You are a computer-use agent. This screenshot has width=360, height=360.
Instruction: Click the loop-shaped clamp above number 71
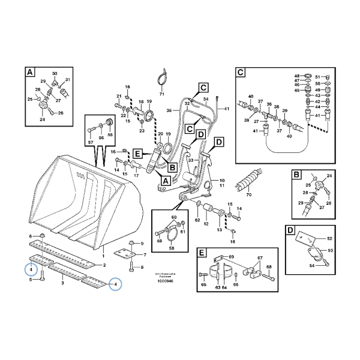(x=161, y=76)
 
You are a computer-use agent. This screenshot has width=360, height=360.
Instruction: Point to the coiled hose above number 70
(x=247, y=179)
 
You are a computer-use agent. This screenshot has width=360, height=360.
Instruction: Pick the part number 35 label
(x=169, y=110)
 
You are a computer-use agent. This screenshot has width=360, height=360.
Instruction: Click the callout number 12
(x=207, y=225)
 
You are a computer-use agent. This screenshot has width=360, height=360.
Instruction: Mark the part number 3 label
(x=62, y=282)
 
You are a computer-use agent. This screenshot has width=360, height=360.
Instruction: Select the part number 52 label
(x=329, y=238)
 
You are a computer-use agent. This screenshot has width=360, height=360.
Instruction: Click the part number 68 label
(x=269, y=267)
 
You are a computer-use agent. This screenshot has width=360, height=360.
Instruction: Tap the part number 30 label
(x=55, y=74)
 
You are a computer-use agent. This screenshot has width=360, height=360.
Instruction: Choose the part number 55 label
(x=110, y=135)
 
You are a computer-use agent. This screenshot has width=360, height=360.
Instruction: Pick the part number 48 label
(x=296, y=76)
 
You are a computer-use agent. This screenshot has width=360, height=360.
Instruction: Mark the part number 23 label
(x=142, y=130)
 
